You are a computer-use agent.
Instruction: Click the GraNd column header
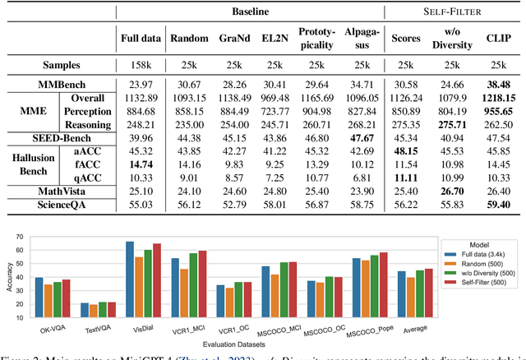point(235,38)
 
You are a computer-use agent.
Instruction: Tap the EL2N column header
point(281,38)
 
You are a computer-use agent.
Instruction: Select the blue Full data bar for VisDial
point(129,275)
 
